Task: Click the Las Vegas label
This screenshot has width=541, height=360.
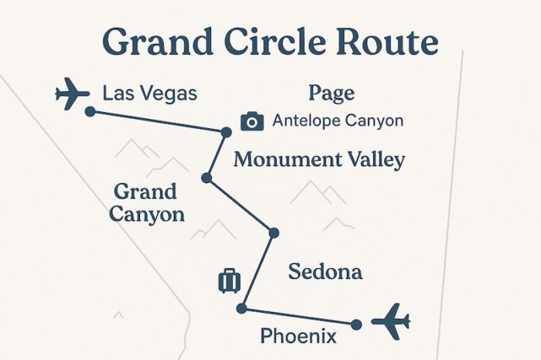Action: point(150,94)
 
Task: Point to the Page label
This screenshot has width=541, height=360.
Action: point(331,93)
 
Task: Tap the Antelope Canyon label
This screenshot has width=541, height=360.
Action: point(338,121)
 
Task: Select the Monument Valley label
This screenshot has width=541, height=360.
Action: point(319,161)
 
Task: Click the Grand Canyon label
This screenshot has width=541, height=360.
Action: point(147,202)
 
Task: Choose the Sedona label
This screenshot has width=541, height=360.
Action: point(325,271)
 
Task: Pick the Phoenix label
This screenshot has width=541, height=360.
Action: point(298,336)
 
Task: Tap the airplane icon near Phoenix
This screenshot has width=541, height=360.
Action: point(390,320)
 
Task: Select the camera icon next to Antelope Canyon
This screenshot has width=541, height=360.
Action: point(252,121)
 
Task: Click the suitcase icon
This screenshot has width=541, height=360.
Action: point(230,280)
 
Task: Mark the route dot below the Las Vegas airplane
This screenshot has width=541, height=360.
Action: point(90,111)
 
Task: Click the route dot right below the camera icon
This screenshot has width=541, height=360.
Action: point(226,133)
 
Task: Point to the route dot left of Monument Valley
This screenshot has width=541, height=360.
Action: point(206,178)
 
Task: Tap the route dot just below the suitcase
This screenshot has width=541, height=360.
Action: point(241,309)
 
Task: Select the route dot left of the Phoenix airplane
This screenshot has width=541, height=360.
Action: point(356,324)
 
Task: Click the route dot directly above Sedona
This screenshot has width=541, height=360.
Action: point(273,233)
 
